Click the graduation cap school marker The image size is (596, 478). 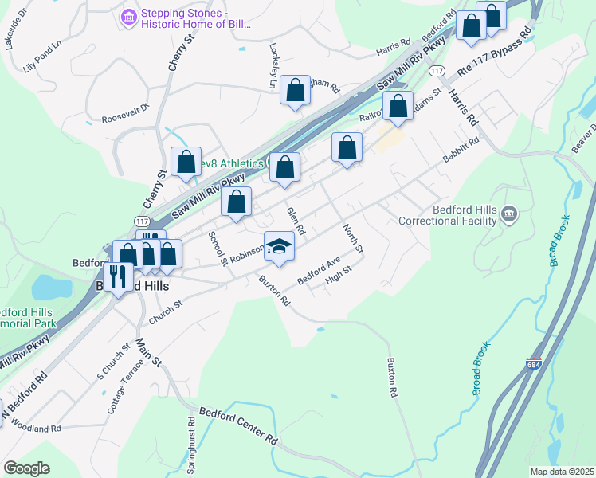[280, 247]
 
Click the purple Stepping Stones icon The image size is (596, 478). [127, 17]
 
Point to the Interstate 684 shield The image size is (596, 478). [534, 363]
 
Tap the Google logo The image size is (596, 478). [26, 468]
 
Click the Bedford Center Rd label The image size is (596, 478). [238, 426]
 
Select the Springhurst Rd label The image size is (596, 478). [191, 447]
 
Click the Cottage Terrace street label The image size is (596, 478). [126, 386]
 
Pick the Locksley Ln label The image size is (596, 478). [273, 65]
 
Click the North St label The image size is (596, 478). [353, 238]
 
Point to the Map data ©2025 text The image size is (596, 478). [561, 472]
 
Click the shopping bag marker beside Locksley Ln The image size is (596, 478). [295, 91]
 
